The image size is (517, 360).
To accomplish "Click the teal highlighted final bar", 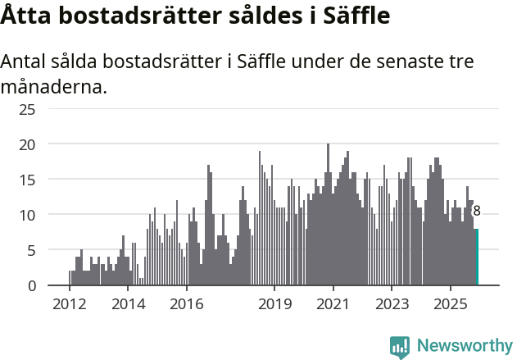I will click(477, 257).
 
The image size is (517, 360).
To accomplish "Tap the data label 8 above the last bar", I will click(477, 212).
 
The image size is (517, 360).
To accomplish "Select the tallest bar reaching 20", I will click(328, 215).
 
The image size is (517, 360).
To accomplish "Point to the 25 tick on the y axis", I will click(28, 109).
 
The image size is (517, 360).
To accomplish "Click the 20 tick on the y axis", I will click(28, 144).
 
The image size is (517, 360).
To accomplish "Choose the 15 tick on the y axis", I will click(28, 180).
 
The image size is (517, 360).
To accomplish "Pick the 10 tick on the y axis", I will click(28, 215).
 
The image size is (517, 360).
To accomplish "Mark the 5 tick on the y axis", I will click(31, 250).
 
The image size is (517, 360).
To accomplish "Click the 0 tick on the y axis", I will click(31, 285).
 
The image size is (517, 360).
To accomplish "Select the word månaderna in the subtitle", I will click(53, 86).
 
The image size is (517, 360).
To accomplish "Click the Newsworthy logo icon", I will click(400, 347).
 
